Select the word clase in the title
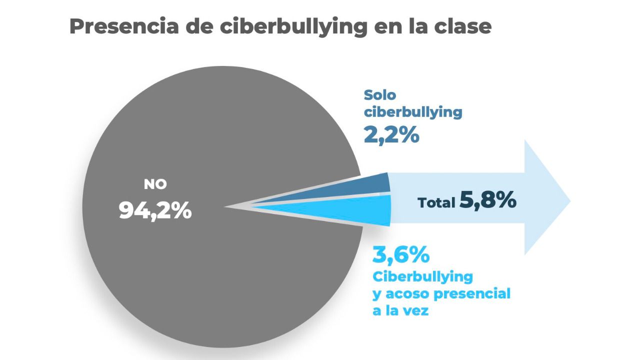point(463,26)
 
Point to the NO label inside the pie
point(155,184)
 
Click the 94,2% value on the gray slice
point(155,210)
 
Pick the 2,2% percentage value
point(391,135)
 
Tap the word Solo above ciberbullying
point(380,94)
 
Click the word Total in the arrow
point(436,202)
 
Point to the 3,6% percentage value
point(401,255)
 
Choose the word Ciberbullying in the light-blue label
point(422,276)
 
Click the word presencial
point(472,294)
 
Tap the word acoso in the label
point(407,293)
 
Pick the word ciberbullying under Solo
point(413,112)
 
